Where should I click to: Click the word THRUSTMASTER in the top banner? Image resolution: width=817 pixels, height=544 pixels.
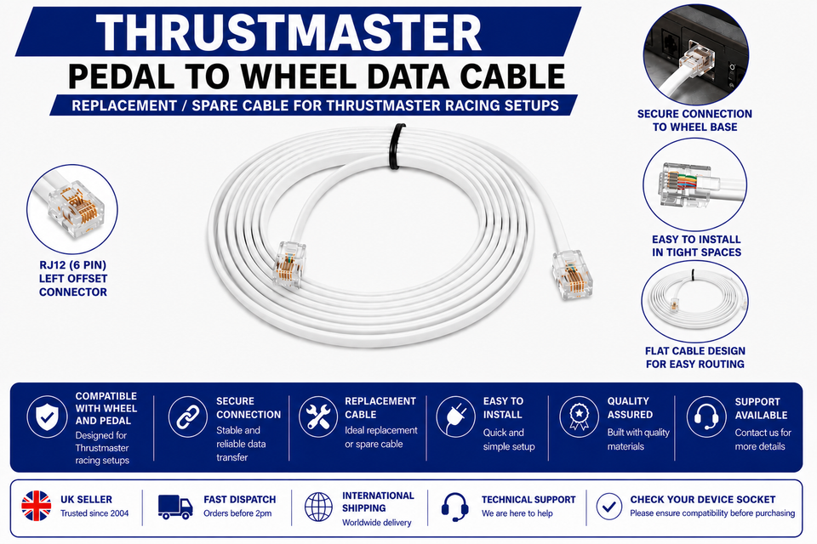pos(289,32)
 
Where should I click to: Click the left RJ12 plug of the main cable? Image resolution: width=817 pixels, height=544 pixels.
pos(289,263)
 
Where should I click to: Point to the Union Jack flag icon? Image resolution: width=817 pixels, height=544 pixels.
pos(37,506)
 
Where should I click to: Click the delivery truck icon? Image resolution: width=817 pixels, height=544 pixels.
pos(175,507)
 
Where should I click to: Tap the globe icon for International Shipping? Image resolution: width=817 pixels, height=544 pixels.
pos(318,507)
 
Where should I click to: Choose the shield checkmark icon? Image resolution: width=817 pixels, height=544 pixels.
pos(47,416)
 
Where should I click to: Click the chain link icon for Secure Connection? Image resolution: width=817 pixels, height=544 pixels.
pos(187,416)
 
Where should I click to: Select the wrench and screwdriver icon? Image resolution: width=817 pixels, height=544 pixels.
pos(317,416)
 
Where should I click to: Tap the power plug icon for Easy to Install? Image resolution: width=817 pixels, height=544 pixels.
pos(455,416)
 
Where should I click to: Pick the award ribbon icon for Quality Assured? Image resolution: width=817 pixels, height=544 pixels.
pos(579,416)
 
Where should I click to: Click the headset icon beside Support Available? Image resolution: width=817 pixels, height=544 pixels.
pos(706,416)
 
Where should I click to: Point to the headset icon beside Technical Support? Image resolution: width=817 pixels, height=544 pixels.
pos(454,507)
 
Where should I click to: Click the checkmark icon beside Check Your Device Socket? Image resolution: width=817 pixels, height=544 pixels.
pos(609,507)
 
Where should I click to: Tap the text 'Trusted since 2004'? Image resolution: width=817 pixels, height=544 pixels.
pos(94,513)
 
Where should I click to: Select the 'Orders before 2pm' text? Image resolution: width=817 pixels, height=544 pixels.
pos(237,513)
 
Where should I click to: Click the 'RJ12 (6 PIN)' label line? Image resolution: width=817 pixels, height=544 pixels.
pos(73,265)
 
